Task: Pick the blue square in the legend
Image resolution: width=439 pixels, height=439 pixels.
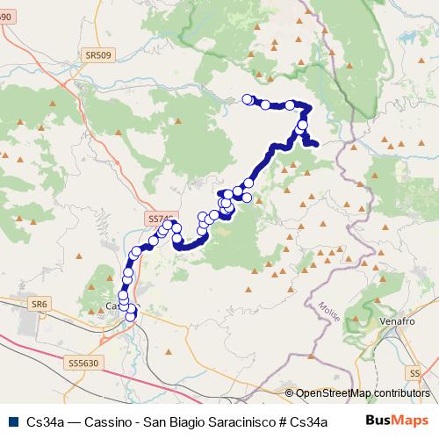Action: click(11, 420)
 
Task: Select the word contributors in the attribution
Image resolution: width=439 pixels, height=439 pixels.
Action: click(403, 394)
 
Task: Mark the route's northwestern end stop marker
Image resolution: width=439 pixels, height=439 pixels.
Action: click(248, 99)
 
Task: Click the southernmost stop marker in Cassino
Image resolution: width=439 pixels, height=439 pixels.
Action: click(131, 316)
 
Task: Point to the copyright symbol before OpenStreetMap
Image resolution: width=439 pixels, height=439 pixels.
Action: click(290, 394)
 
